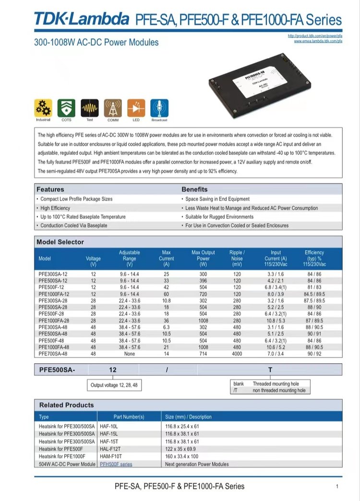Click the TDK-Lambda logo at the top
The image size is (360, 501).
(x=82, y=19)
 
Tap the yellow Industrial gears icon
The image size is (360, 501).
(x=43, y=108)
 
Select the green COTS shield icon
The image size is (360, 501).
(x=66, y=108)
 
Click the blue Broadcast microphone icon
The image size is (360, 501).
(x=159, y=108)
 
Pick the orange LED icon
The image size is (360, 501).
(x=136, y=108)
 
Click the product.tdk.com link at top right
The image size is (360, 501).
(x=315, y=36)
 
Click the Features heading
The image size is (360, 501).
(x=50, y=189)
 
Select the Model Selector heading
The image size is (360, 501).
(x=60, y=242)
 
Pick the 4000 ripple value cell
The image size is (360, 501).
(x=237, y=353)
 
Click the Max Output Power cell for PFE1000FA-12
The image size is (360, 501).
(x=203, y=293)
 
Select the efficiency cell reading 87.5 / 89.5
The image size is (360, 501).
(x=314, y=300)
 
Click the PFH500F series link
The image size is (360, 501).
(x=116, y=464)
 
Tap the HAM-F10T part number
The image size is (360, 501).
(x=111, y=456)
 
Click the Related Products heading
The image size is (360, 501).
(x=66, y=405)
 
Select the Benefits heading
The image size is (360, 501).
(x=194, y=189)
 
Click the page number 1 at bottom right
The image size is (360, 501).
(x=337, y=487)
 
